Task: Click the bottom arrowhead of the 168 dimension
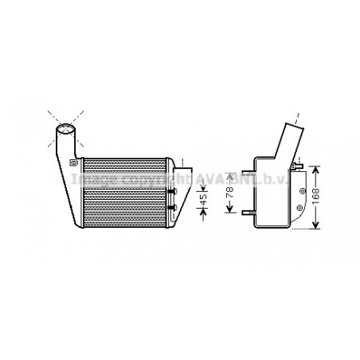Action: (317, 226)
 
